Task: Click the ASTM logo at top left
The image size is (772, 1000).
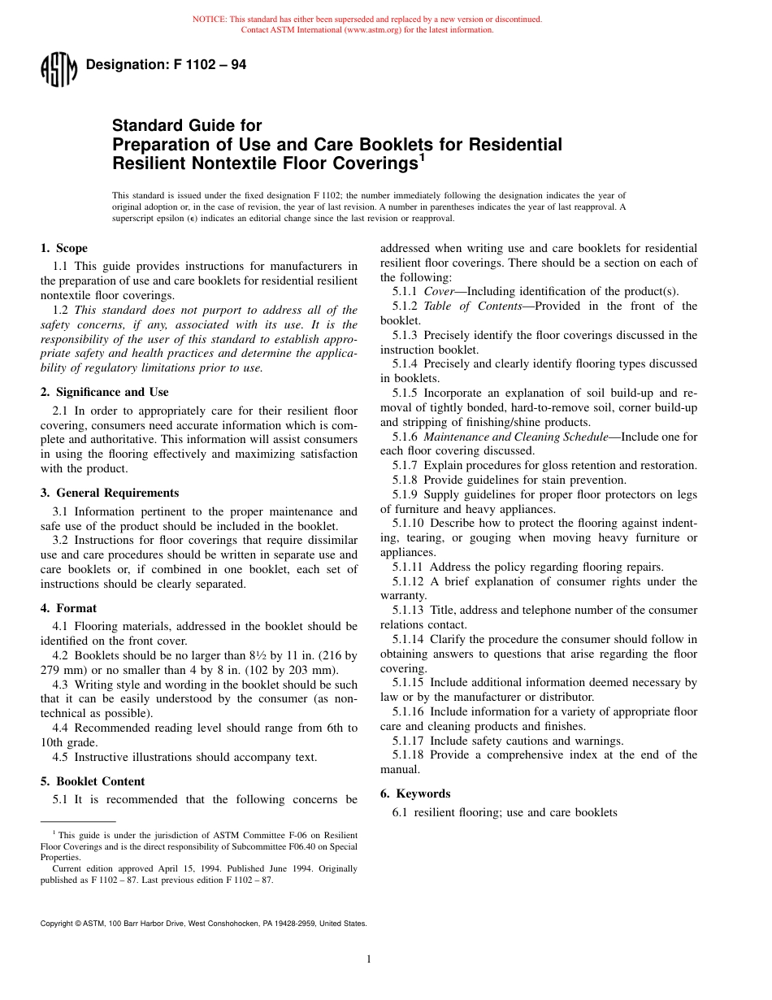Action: pyautogui.click(x=59, y=69)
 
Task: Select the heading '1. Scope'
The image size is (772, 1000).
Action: pyautogui.click(x=64, y=249)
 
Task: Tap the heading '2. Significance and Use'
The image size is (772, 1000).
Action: pyautogui.click(x=105, y=392)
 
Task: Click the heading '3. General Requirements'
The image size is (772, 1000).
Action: pyautogui.click(x=110, y=493)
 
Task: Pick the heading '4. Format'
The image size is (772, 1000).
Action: pyautogui.click(x=68, y=608)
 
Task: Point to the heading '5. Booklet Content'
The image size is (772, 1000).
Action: pyautogui.click(x=93, y=781)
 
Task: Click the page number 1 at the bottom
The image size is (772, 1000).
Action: pyautogui.click(x=369, y=959)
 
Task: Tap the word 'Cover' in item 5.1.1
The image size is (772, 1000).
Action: pyautogui.click(x=439, y=291)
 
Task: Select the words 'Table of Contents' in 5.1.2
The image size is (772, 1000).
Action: pyautogui.click(x=473, y=306)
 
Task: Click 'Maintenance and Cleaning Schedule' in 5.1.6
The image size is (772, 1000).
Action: pyautogui.click(x=515, y=437)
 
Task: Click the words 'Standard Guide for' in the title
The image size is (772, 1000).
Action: pyautogui.click(x=187, y=126)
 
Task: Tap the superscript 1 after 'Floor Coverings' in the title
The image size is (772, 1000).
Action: pyautogui.click(x=422, y=159)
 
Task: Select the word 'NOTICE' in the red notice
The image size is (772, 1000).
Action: pyautogui.click(x=209, y=20)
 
